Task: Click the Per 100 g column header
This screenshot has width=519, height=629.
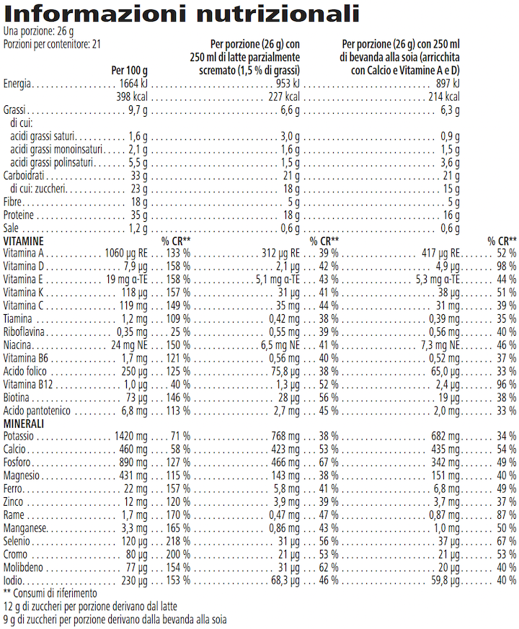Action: coord(130,71)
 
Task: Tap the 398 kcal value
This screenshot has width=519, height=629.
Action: coord(132,97)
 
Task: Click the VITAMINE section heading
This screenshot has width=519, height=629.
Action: coord(24,241)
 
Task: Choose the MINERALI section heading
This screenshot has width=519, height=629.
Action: coord(25,424)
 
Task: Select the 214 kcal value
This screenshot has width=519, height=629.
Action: coord(443,97)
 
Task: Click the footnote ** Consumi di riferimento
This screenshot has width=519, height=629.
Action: coord(50,593)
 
